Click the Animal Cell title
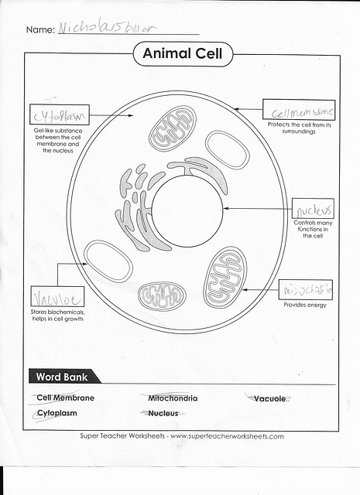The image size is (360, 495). pos(182,55)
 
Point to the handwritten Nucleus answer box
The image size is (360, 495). pos(313,210)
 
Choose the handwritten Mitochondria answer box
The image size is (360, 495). pos(305,289)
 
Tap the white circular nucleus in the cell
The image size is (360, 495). pos(188,209)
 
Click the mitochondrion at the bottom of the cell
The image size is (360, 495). pos(162,295)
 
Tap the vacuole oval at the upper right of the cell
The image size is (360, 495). pos(228,149)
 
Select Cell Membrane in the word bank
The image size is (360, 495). pos(65,398)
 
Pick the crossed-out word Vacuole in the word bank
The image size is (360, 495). pos(269,398)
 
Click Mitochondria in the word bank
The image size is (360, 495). pos(172,398)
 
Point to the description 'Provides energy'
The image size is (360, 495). pos(305,305)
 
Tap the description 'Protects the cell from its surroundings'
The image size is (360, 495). pos(299,128)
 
